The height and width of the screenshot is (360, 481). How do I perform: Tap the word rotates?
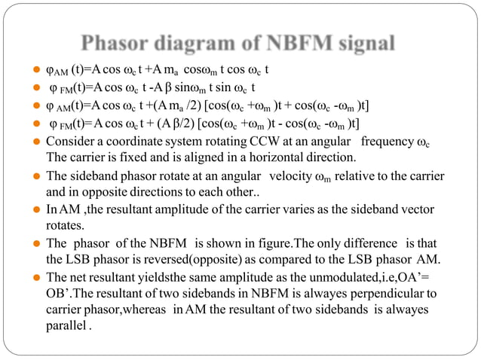[x=64, y=225]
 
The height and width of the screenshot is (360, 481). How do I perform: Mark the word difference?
[x=369, y=243]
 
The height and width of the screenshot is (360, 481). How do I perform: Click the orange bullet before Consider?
[x=36, y=142]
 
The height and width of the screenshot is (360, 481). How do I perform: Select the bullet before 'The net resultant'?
[x=36, y=277]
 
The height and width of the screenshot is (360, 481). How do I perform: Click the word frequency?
[x=389, y=142]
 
